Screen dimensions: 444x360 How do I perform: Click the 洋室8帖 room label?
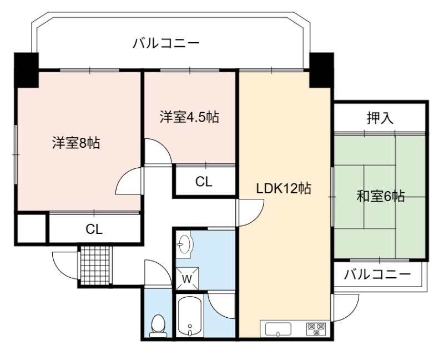pyautogui.click(x=76, y=143)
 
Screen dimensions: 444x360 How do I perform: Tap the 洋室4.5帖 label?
pyautogui.click(x=189, y=117)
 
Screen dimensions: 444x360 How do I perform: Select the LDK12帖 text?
pyautogui.click(x=284, y=188)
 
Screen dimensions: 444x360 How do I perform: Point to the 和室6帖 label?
pyautogui.click(x=380, y=196)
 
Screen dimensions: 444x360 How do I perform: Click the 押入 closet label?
pyautogui.click(x=380, y=118)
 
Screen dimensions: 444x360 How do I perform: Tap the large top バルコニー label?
pyautogui.click(x=166, y=44)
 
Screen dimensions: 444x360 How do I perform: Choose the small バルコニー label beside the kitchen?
pyautogui.click(x=377, y=274)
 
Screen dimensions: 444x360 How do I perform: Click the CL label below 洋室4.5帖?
pyautogui.click(x=204, y=182)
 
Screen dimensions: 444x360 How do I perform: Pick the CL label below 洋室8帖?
pyautogui.click(x=94, y=229)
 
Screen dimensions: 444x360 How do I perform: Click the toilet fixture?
pyautogui.click(x=158, y=326)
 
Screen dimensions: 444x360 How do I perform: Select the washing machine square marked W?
pyautogui.click(x=187, y=278)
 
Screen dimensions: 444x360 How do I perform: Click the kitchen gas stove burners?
pyautogui.click(x=316, y=329)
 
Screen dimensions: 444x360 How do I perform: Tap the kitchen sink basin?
pyautogui.click(x=279, y=329)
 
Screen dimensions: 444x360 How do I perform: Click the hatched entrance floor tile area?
pyautogui.click(x=95, y=266)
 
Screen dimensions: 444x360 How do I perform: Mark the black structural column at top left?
pyautogui.click(x=26, y=70)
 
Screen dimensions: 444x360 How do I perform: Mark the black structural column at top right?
pyautogui.click(x=321, y=70)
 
